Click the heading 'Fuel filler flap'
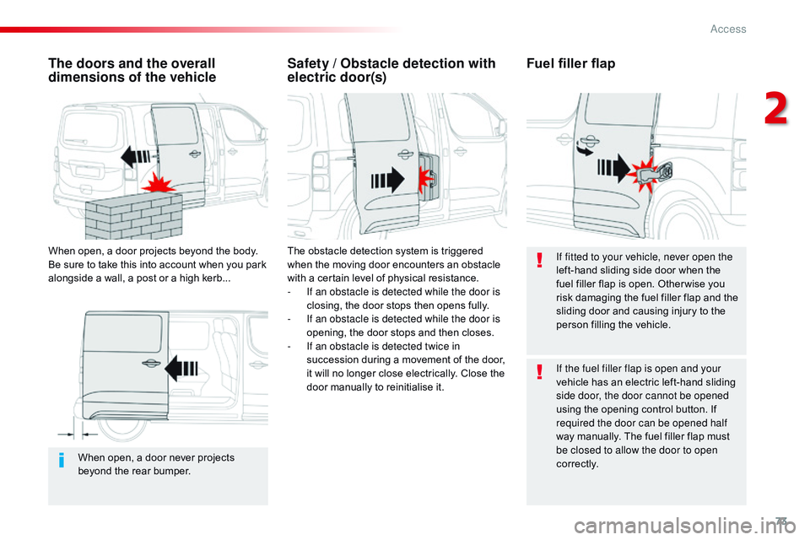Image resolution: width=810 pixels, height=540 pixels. pos(570,64)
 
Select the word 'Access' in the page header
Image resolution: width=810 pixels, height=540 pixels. pos(727,29)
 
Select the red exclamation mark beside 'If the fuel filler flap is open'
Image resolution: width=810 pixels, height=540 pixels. pos(539,374)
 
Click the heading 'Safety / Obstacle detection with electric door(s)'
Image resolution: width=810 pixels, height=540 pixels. pos(391,70)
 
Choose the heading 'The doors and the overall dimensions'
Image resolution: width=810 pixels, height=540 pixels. pos(132,70)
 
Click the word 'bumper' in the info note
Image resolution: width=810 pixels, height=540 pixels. pos(171,471)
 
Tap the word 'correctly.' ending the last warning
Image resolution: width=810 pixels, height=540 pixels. pos(577,463)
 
